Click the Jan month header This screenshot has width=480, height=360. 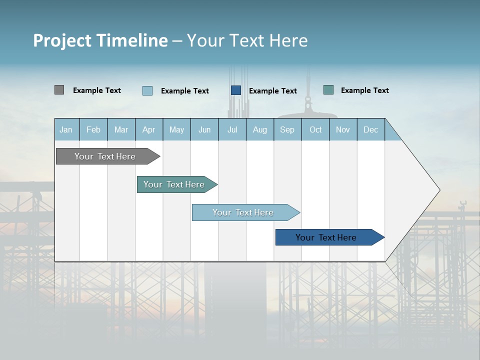66,129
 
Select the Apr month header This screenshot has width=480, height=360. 148,129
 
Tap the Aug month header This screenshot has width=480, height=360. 259,129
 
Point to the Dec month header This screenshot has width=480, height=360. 370,129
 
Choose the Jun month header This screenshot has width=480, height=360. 204,129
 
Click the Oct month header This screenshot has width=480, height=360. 315,129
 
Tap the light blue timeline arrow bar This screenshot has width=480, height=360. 243,212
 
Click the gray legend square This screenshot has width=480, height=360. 59,90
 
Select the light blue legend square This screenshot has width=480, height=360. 147,90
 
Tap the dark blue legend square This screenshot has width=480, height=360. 235,90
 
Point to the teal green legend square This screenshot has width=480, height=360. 328,90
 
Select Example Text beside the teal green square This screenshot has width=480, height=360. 364,90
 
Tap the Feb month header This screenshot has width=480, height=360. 93,129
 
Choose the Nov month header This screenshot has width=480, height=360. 342,129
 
